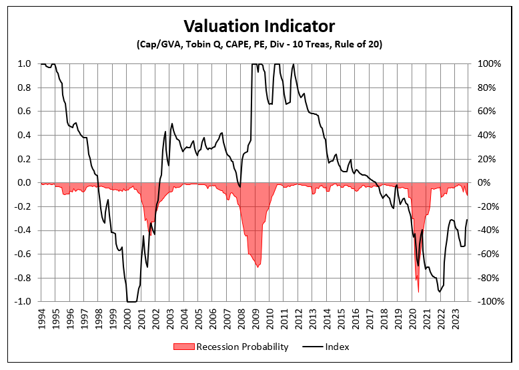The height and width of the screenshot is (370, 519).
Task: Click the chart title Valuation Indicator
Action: coord(259,26)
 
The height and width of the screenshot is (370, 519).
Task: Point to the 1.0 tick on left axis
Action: coord(24,64)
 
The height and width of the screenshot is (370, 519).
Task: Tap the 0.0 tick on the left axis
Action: coord(24,183)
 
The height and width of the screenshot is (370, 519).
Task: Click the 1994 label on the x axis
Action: coord(41,319)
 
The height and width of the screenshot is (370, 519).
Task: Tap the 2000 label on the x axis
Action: coord(127,319)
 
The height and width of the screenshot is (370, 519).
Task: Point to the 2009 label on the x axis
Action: coord(256,319)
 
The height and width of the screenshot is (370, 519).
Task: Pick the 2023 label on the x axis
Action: coord(456,319)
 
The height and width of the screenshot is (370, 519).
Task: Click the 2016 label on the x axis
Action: coord(356,319)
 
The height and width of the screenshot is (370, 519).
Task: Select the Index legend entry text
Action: coord(337,347)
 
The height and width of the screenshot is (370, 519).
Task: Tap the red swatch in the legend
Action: coord(185,347)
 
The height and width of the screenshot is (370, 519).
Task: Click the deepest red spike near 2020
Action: coord(418,291)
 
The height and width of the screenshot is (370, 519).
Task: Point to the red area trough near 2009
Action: coord(257,266)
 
